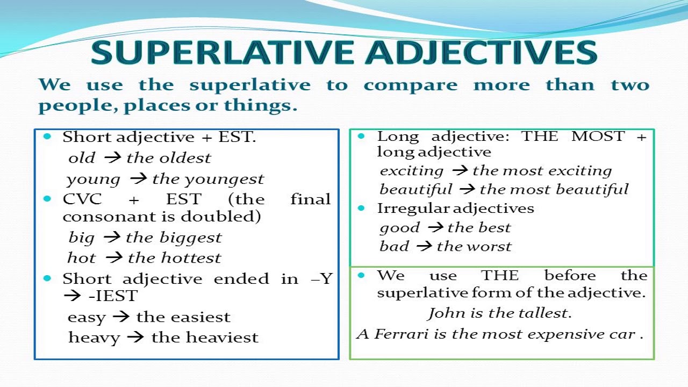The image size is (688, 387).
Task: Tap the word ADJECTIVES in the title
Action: (483, 52)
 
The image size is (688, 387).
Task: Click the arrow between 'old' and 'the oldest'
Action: (112, 158)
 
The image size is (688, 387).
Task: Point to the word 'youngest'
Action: (224, 180)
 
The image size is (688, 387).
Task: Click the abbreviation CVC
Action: (82, 199)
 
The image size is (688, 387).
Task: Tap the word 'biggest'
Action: (190, 238)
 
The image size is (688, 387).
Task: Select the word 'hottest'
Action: (191, 257)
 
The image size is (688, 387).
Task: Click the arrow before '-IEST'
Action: (72, 296)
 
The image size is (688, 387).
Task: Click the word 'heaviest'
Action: (222, 337)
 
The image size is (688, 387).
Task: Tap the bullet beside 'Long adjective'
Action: (361, 136)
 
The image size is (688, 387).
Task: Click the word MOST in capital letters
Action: (598, 136)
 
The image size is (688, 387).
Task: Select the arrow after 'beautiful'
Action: (467, 189)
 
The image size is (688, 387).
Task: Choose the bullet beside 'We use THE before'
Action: (361, 275)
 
